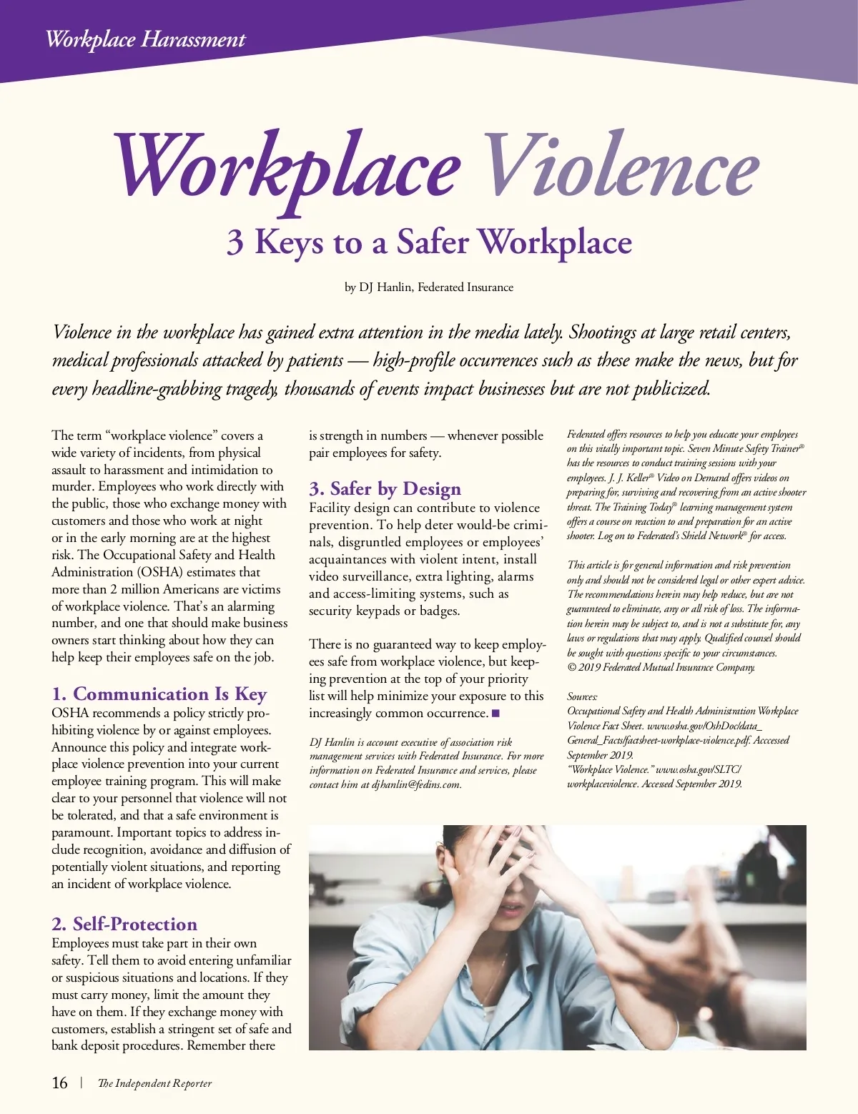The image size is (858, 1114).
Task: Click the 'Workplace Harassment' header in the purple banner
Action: [145, 39]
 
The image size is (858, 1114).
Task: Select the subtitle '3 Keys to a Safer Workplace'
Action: [429, 242]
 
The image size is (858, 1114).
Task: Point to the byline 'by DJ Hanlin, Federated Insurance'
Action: [429, 287]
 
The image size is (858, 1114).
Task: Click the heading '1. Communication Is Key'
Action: [159, 694]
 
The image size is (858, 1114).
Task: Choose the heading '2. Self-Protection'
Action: [124, 924]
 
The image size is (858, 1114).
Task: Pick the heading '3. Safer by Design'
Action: [385, 489]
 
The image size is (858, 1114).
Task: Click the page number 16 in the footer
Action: [60, 1083]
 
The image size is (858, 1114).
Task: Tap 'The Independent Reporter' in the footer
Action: [154, 1083]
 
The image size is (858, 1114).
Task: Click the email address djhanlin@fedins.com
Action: [416, 784]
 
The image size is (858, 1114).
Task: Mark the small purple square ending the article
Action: [495, 713]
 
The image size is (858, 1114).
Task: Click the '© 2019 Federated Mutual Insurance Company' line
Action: [661, 667]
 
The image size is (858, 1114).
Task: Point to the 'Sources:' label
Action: [583, 696]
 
